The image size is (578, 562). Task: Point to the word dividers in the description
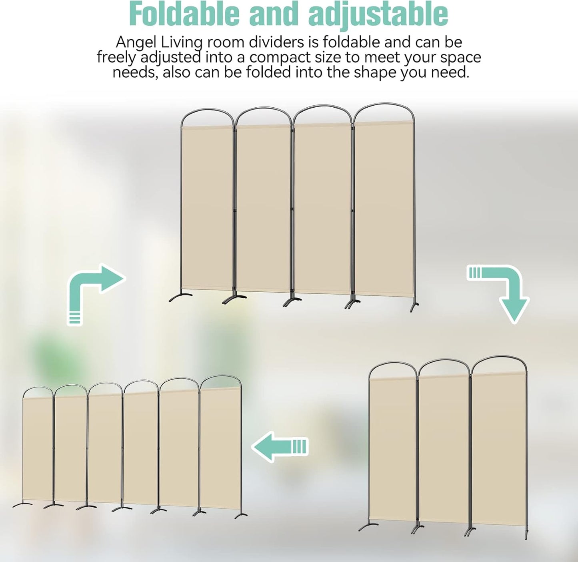coord(276,42)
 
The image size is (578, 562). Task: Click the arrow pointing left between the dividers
coord(280,447)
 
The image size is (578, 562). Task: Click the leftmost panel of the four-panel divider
coord(207,208)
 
